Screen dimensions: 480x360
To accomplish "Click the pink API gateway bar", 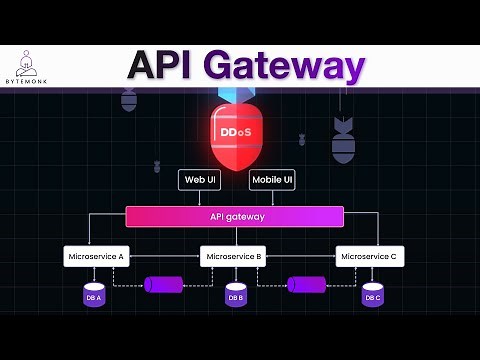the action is point(235,216).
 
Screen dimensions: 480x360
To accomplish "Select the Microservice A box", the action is point(94,256).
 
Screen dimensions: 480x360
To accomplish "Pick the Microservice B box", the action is point(232,256).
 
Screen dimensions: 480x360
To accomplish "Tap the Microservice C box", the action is point(369,256).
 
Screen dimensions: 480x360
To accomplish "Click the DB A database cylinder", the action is point(96,296).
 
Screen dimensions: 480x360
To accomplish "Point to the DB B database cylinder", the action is point(235,296).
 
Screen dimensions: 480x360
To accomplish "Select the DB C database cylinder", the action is point(372,296).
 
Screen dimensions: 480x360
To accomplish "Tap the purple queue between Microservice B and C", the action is point(307,285).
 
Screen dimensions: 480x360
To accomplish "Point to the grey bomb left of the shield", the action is point(129,99).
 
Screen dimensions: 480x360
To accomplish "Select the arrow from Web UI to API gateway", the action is point(199,198).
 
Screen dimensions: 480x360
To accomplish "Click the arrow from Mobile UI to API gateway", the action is point(272,198).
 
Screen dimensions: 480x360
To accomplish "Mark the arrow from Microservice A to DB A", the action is point(95,274).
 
